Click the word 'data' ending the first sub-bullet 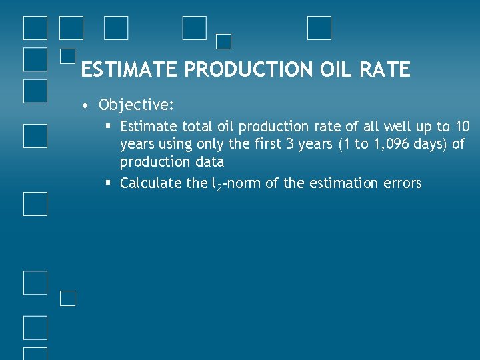209,162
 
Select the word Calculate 151,183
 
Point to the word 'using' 175,144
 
